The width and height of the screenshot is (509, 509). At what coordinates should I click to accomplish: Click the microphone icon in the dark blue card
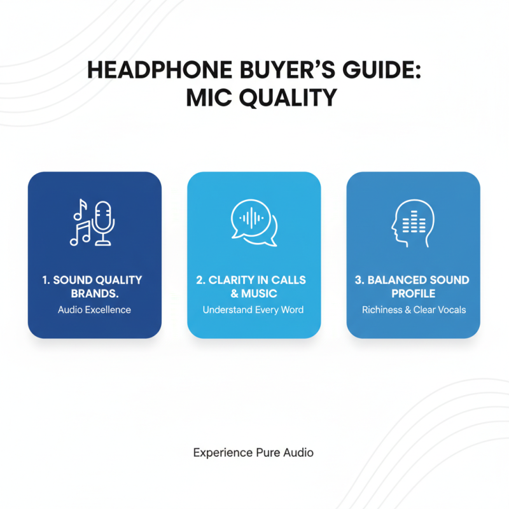(x=102, y=223)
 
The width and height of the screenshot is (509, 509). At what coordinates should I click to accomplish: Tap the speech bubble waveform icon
(x=254, y=223)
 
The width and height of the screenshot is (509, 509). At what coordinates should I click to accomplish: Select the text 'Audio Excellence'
(x=95, y=310)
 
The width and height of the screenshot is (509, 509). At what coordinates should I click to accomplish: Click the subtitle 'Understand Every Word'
(x=253, y=310)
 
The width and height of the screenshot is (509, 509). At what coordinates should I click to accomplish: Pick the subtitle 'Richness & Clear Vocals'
(x=414, y=310)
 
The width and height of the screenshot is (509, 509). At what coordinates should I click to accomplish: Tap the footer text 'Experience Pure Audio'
(x=253, y=453)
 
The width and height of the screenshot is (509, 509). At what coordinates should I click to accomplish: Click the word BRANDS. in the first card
(x=95, y=294)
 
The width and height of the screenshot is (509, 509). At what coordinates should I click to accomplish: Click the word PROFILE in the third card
(x=414, y=294)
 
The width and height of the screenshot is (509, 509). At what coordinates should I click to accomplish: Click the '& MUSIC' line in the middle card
(x=254, y=294)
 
